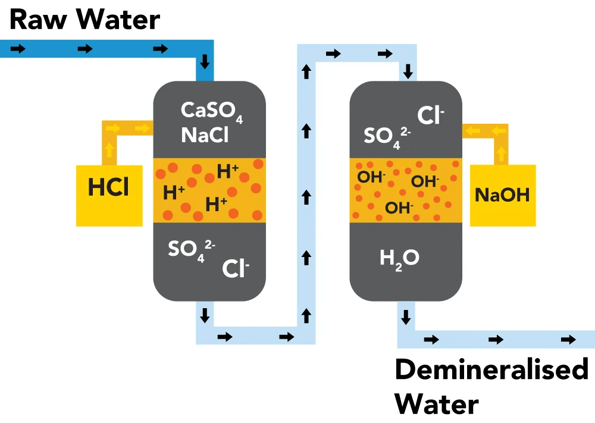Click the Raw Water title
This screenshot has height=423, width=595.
tap(85, 19)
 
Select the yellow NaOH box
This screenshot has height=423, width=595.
tap(502, 195)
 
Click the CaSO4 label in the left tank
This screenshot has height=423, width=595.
tap(212, 112)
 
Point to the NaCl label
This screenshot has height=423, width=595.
tap(205, 135)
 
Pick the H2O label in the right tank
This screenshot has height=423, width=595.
tap(399, 258)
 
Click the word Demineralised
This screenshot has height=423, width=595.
tap(491, 369)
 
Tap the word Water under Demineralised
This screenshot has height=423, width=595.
tap(437, 404)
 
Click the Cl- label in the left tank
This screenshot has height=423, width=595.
tap(236, 269)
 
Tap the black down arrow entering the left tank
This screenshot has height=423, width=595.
tap(205, 61)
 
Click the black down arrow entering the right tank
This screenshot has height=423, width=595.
tap(408, 73)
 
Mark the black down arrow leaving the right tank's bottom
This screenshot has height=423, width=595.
tap(406, 317)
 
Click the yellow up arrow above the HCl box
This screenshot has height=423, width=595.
tap(109, 151)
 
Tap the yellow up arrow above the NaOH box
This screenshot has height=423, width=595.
tap(501, 154)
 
